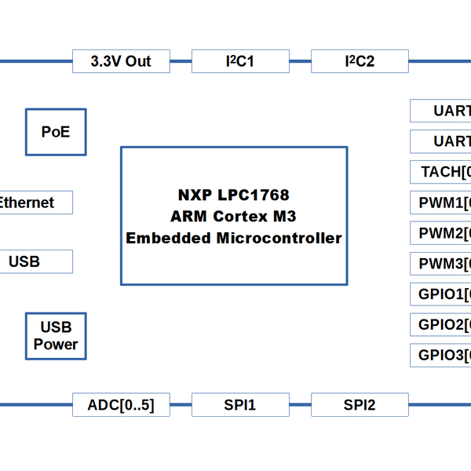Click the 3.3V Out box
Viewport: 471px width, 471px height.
coord(121,61)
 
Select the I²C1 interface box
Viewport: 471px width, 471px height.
coord(240,61)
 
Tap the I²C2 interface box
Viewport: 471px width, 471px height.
coord(360,61)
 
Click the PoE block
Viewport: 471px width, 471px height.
coord(55,132)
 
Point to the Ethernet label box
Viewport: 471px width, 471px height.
coord(31,203)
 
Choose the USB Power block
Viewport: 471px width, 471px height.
coord(55,337)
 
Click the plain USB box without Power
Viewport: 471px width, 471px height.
coord(31,261)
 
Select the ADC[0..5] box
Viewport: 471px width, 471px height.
coord(121,405)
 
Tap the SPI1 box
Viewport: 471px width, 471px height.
coord(240,405)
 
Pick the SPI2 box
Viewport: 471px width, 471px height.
coord(360,405)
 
